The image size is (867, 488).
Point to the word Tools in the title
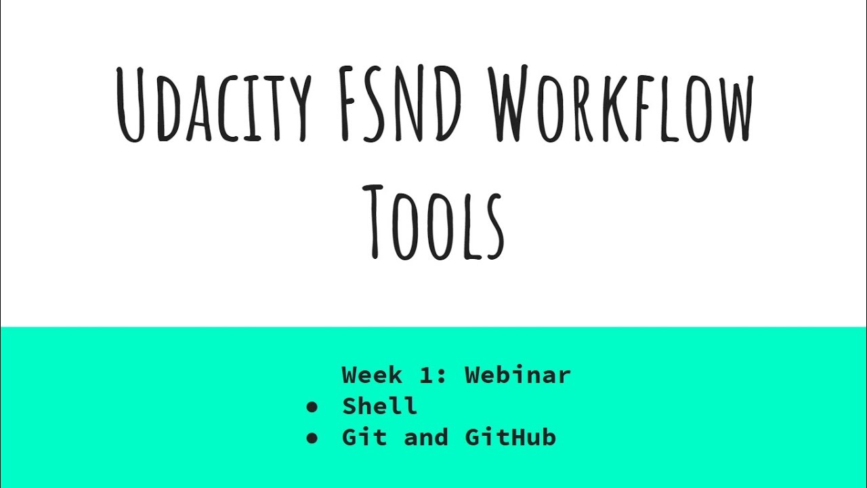point(433,220)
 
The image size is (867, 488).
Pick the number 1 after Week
point(425,374)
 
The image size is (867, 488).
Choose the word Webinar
point(517,374)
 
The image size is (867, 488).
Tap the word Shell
point(379,406)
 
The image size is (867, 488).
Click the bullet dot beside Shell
point(312,407)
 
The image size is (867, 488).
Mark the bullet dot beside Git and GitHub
point(312,438)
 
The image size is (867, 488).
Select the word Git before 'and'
point(364,437)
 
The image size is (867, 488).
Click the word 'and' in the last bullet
point(425,437)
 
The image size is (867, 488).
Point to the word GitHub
point(510,437)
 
